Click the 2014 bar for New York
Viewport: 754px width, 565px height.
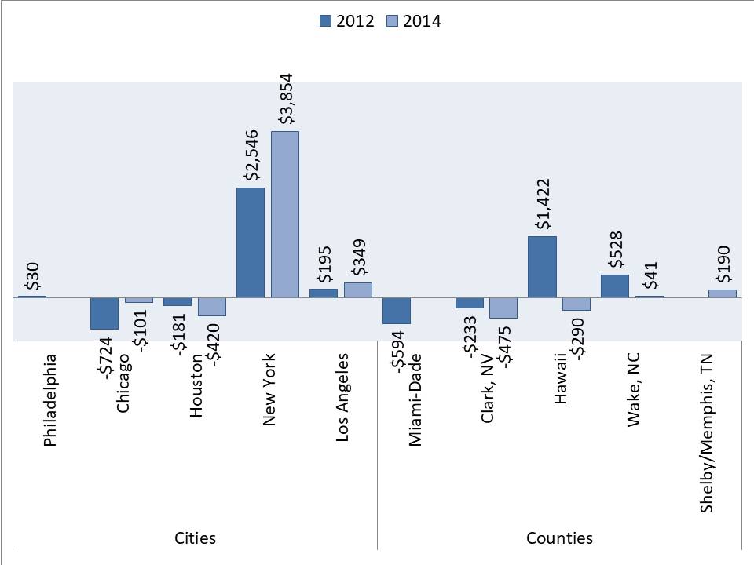285,214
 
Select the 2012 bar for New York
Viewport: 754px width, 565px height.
251,242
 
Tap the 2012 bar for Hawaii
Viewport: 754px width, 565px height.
542,267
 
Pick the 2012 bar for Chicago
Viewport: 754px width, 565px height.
104,313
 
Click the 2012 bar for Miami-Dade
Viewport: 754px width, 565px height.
396,311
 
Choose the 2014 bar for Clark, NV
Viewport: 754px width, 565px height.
503,308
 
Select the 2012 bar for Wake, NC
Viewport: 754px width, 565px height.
615,286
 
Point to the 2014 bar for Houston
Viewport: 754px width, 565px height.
212,307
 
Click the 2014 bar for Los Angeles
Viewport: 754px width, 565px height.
358,290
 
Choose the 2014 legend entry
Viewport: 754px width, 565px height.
414,21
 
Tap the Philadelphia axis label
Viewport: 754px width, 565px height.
51,400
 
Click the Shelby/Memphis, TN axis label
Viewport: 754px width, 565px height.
707,444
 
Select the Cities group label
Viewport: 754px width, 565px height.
195,538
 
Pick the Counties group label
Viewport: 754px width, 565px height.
559,538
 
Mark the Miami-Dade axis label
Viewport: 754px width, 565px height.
415,400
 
